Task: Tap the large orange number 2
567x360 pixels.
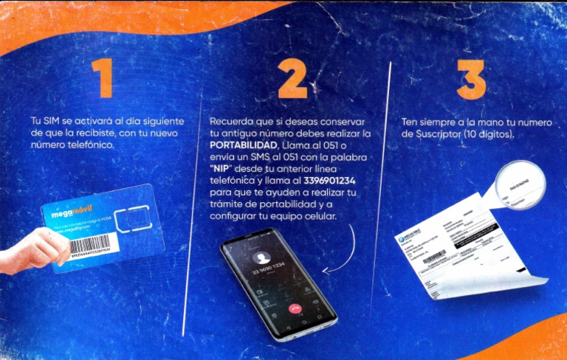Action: pyautogui.click(x=292, y=78)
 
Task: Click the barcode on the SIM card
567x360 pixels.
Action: pyautogui.click(x=84, y=243)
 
